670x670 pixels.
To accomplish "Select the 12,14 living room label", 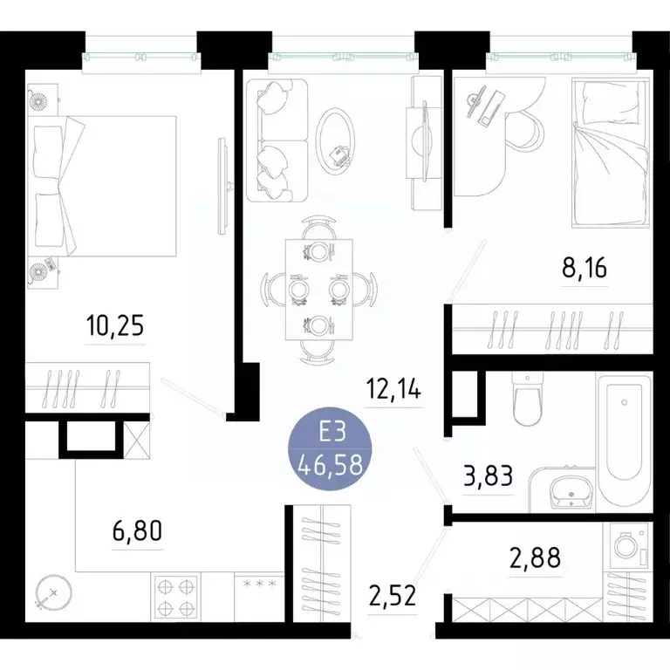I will (x=393, y=390).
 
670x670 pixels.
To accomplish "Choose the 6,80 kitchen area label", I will (x=138, y=530).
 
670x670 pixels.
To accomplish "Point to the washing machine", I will (x=629, y=546).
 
